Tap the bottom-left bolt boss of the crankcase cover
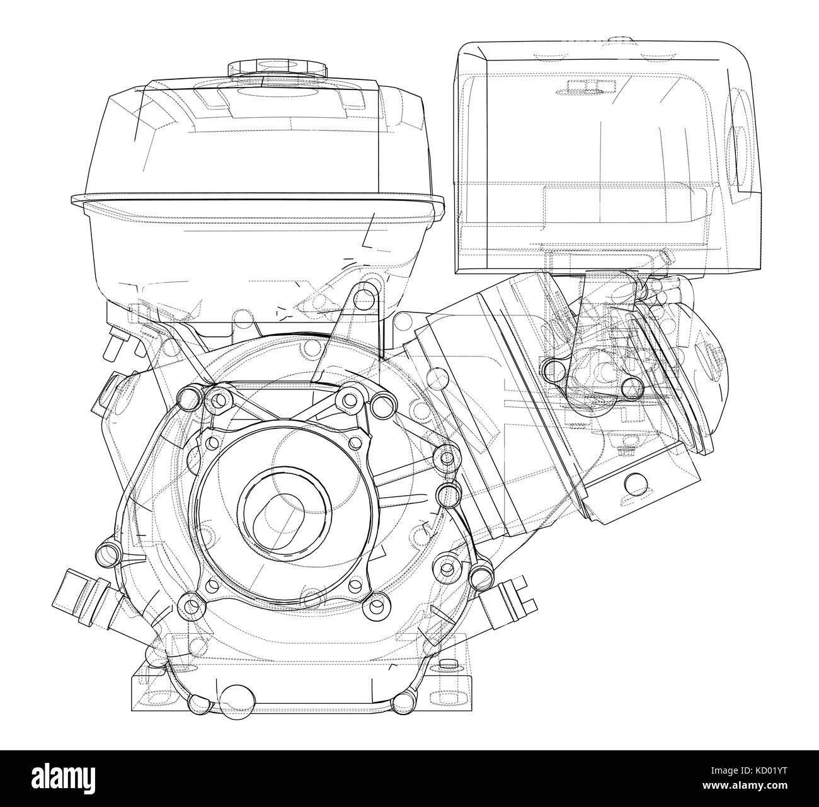pos(188,607)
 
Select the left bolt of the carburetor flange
pos(552,367)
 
